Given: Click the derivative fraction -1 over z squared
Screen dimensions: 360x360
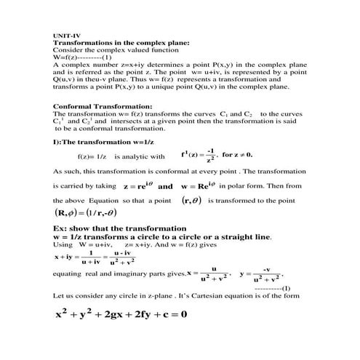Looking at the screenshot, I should [x=211, y=155].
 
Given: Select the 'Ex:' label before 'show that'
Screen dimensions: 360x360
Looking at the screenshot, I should [x=62, y=229].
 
